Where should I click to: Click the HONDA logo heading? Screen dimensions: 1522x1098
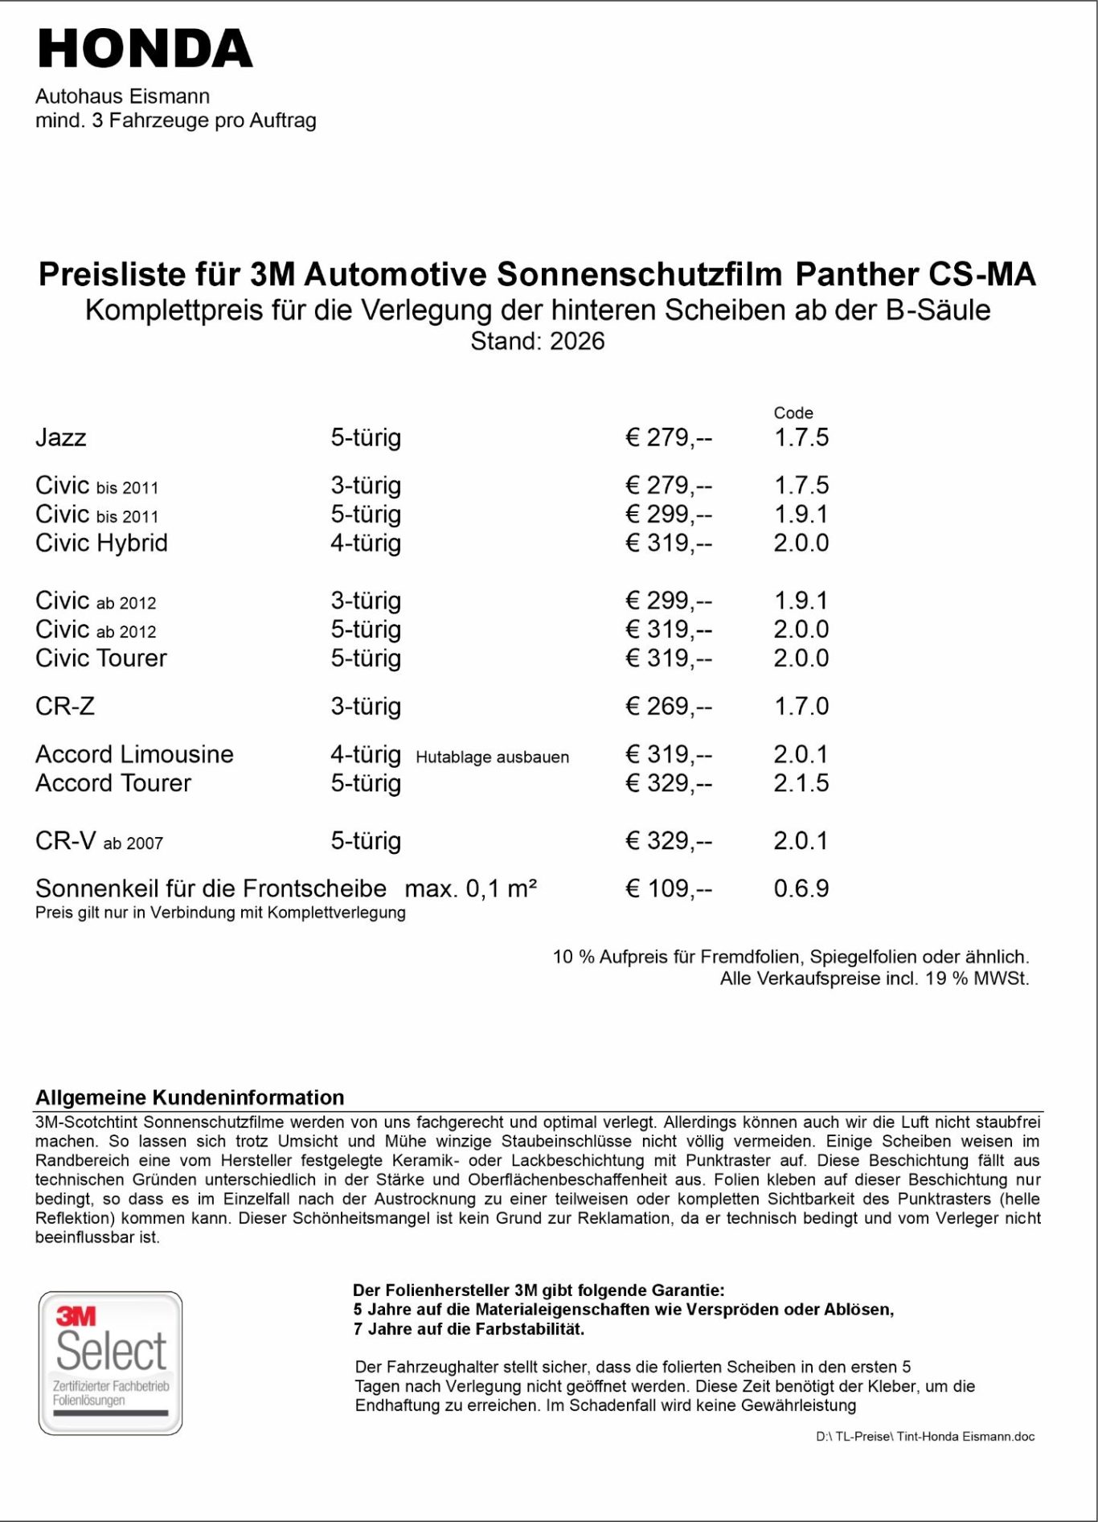click(x=145, y=49)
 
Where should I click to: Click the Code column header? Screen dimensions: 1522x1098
click(x=793, y=412)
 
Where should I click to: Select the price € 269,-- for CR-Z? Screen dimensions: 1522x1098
click(x=668, y=706)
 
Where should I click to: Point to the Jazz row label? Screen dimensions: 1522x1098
click(x=61, y=437)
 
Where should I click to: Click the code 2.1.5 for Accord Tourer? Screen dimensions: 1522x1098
click(x=801, y=783)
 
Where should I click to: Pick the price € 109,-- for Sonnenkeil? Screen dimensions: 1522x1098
click(x=668, y=888)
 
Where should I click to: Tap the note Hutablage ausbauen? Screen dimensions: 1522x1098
click(x=492, y=757)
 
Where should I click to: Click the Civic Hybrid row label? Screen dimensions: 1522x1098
click(x=101, y=543)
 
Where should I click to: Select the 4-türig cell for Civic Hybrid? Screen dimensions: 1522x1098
click(x=366, y=543)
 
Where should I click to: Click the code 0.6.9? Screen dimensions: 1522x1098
click(x=801, y=888)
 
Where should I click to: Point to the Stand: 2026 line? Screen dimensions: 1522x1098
click(x=537, y=341)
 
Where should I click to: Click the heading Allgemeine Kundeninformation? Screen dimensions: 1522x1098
click(x=190, y=1097)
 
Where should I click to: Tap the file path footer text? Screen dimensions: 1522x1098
click(x=924, y=1436)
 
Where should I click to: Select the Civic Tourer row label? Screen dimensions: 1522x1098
click(x=101, y=658)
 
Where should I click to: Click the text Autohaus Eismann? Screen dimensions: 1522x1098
click(x=122, y=96)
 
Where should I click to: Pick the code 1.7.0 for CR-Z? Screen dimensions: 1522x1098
click(x=801, y=706)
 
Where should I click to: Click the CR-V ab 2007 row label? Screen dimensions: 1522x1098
click(x=99, y=841)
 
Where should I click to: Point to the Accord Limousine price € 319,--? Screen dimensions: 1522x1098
click(x=668, y=754)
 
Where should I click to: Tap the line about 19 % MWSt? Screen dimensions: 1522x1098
click(x=874, y=978)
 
